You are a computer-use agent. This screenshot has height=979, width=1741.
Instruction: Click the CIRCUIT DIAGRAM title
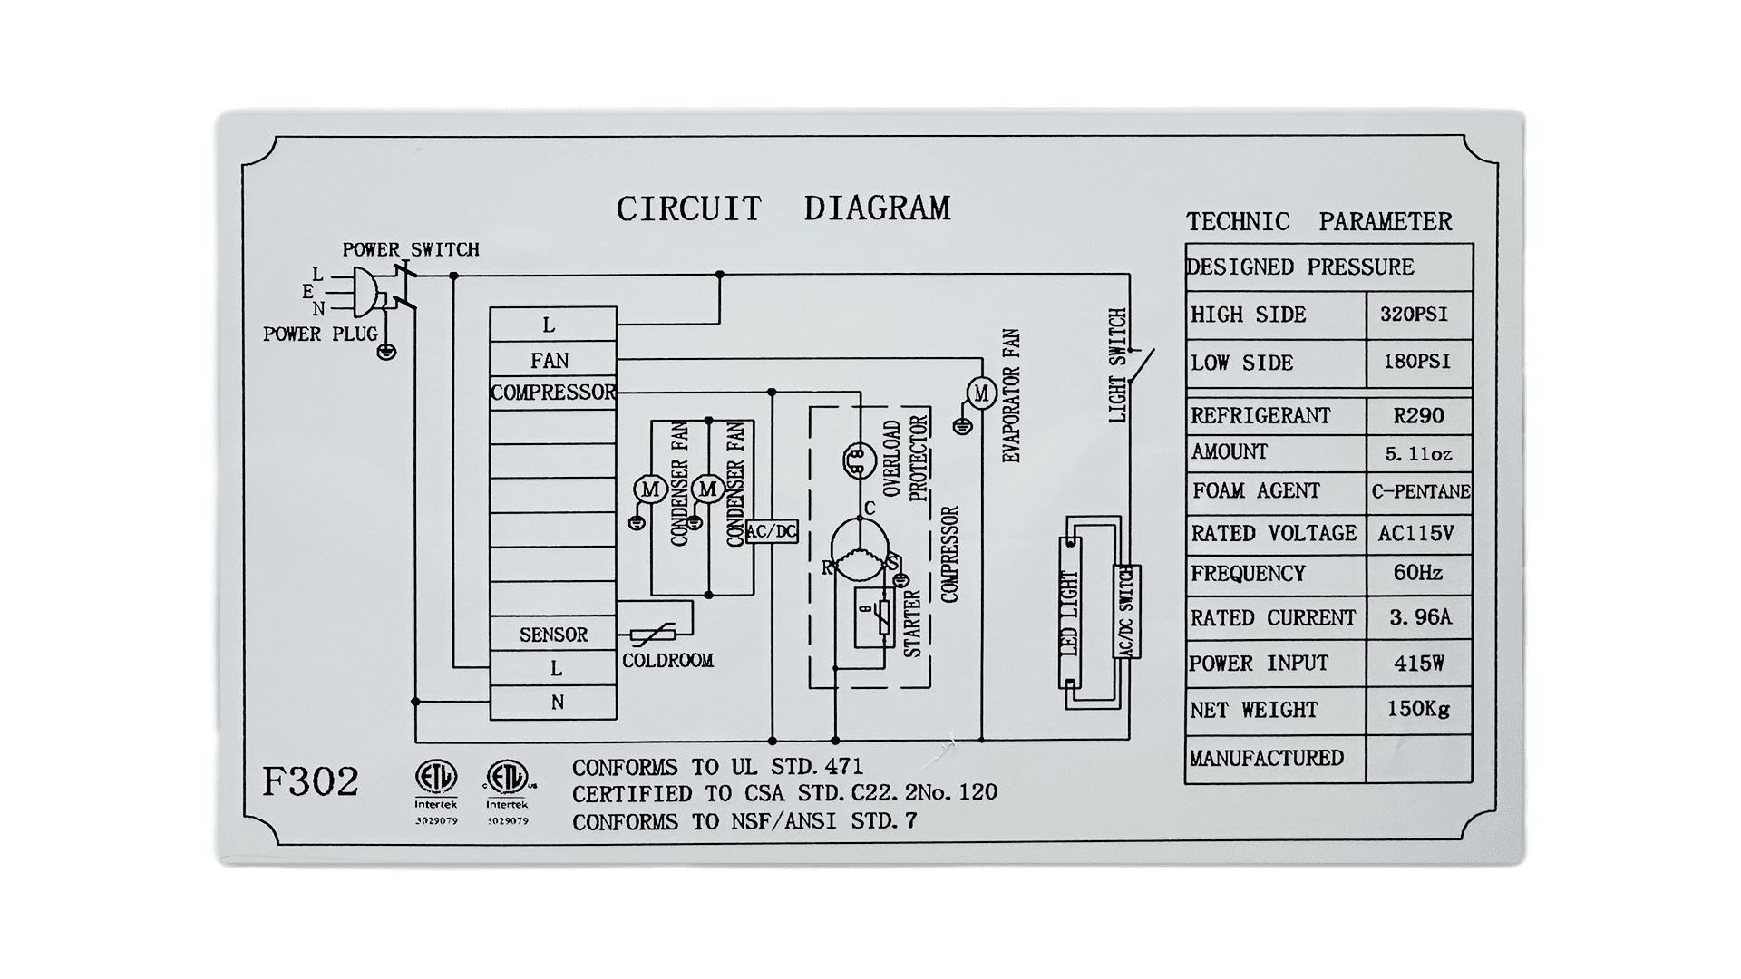tap(783, 208)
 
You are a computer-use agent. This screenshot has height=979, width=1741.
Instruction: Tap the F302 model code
tap(310, 781)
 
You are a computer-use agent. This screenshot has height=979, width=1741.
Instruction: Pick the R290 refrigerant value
tap(1418, 416)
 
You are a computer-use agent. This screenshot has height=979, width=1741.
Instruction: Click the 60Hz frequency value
tap(1417, 573)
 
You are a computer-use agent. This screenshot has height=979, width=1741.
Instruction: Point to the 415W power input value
tap(1418, 664)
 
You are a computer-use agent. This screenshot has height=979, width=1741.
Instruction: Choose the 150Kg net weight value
tap(1418, 709)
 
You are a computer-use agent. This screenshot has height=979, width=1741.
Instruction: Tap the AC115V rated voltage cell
tap(1415, 533)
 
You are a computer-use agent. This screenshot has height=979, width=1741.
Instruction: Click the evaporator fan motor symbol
tap(980, 393)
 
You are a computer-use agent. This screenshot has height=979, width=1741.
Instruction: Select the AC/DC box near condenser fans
tap(772, 531)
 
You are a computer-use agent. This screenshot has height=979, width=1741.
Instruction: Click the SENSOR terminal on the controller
tap(553, 635)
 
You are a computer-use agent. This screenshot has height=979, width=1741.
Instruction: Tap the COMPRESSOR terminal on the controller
tap(553, 393)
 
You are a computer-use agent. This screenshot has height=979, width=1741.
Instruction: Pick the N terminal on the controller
tap(553, 703)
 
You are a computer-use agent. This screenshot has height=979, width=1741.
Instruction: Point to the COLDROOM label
tap(667, 661)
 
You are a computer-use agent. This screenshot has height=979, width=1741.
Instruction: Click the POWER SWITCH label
tap(411, 249)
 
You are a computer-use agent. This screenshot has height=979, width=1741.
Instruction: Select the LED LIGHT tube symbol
tap(1070, 614)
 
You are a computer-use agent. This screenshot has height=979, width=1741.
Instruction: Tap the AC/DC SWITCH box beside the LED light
tap(1126, 611)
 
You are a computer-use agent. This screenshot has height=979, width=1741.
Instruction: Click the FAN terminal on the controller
tap(553, 360)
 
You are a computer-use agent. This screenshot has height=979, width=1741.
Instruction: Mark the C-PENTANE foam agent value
tap(1420, 492)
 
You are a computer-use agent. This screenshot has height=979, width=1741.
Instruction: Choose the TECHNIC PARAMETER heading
tap(1319, 221)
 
